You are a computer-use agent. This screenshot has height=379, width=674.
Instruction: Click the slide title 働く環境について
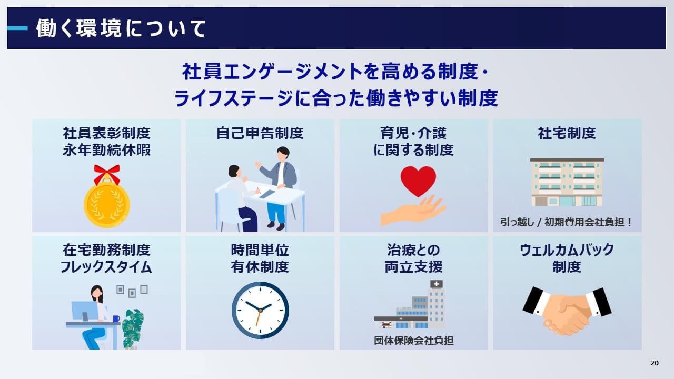click(x=121, y=28)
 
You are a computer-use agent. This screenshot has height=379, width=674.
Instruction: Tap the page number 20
click(x=655, y=363)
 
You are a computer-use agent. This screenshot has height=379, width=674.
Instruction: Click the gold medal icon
click(x=106, y=205)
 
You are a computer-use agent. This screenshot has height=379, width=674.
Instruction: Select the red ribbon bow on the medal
click(x=107, y=173)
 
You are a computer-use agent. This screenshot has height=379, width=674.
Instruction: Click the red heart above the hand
click(x=418, y=180)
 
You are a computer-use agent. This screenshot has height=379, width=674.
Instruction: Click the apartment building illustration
click(x=567, y=182)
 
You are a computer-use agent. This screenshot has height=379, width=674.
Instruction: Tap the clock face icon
click(x=260, y=310)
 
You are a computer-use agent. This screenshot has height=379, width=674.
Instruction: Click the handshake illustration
click(x=567, y=311)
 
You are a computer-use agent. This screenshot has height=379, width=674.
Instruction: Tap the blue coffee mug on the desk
click(x=116, y=318)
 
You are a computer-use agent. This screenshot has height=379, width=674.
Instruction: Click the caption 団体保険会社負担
click(x=414, y=341)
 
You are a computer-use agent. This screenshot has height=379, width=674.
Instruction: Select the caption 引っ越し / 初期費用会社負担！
click(x=567, y=222)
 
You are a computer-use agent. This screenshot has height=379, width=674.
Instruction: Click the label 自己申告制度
click(x=260, y=133)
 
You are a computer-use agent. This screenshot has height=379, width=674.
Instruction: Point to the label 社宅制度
click(x=567, y=133)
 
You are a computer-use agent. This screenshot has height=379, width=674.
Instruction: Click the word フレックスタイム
click(x=106, y=267)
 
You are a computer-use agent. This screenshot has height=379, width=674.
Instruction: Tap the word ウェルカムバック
click(x=567, y=250)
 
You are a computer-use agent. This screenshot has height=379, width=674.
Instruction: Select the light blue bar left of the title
click(x=17, y=28)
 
